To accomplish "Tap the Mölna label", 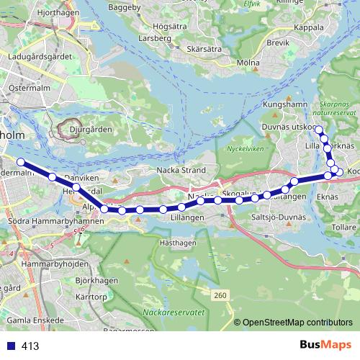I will coord(246,63).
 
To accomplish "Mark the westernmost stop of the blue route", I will coord(21,162).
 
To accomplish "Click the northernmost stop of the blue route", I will coord(318,128).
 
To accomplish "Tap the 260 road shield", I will coord(220,294).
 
